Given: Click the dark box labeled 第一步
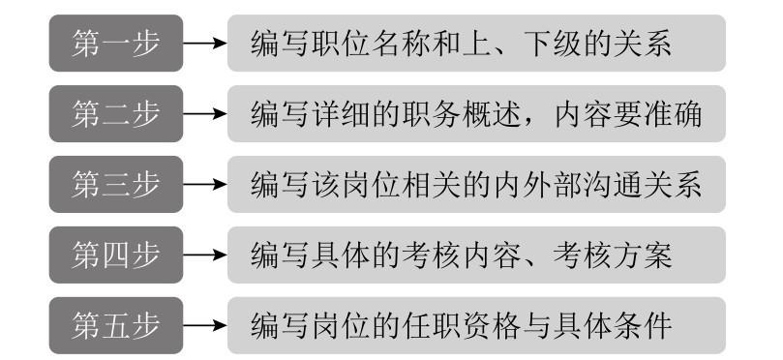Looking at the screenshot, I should tap(115, 43).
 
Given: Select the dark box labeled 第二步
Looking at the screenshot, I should tap(115, 112).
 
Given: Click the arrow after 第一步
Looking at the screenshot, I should tap(204, 44).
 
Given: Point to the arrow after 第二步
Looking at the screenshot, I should tap(204, 113).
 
